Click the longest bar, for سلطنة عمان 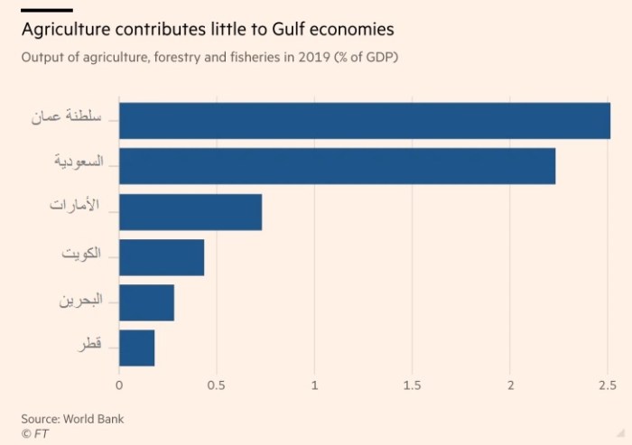tap(364, 121)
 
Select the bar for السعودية tap(337, 166)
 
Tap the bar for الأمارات tap(191, 212)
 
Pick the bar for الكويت tap(162, 257)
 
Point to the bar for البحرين tap(146, 302)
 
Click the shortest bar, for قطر tap(137, 348)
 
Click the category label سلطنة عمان tap(69, 116)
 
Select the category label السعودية tap(78, 162)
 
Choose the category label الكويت tap(82, 254)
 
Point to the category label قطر tap(91, 346)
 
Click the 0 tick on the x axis tap(119, 386)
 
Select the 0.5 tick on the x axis tap(217, 386)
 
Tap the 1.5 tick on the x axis tap(413, 386)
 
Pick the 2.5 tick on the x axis tap(608, 386)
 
